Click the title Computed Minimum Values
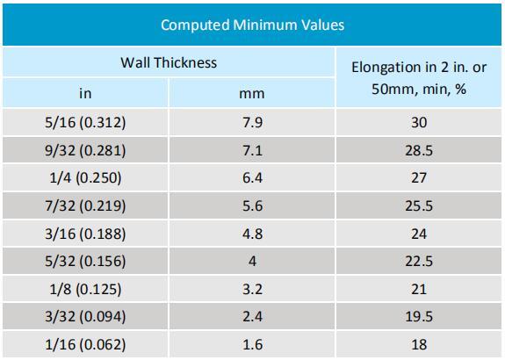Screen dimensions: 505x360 pos(253,25)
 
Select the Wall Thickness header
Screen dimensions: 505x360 pos(169,62)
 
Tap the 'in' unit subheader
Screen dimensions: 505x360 pos(85,93)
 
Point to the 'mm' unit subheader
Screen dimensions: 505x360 pos(252,94)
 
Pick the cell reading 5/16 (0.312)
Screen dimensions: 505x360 pos(85,122)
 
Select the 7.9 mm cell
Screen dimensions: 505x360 pos(253,122)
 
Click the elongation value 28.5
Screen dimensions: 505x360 pos(419,150)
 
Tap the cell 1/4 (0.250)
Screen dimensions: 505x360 pos(85,177)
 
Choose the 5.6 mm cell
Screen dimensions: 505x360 pos(253,205)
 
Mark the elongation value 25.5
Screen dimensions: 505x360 pos(419,205)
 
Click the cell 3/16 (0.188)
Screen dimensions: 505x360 pos(85,234)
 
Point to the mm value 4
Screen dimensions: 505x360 pos(253,261)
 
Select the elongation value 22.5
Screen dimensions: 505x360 pos(419,261)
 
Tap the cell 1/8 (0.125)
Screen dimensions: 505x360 pos(85,289)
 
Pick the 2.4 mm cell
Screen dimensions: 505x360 pos(253,316)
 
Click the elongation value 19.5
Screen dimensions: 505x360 pos(419,316)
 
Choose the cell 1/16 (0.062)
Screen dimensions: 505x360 pos(85,344)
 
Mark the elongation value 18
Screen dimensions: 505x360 pos(419,344)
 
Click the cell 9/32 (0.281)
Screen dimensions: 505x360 pos(85,150)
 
